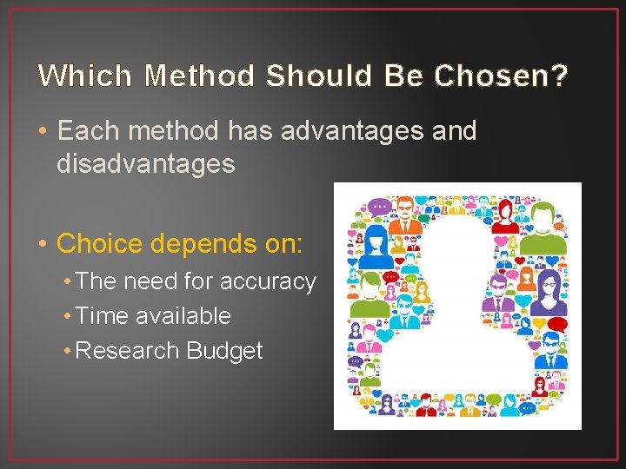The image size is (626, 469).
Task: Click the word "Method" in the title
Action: [200, 76]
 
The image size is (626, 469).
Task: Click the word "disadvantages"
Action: [145, 163]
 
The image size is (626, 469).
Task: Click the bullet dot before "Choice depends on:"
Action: [43, 243]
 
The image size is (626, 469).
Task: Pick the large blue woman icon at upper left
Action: [376, 248]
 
